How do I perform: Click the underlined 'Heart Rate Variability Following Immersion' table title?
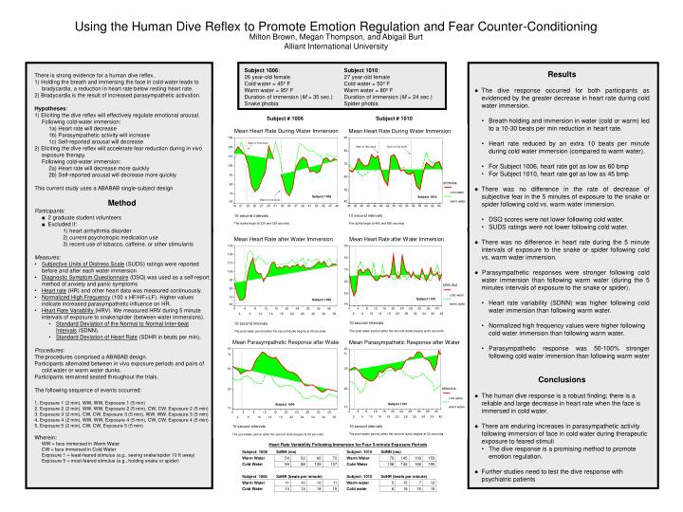click(x=340, y=444)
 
